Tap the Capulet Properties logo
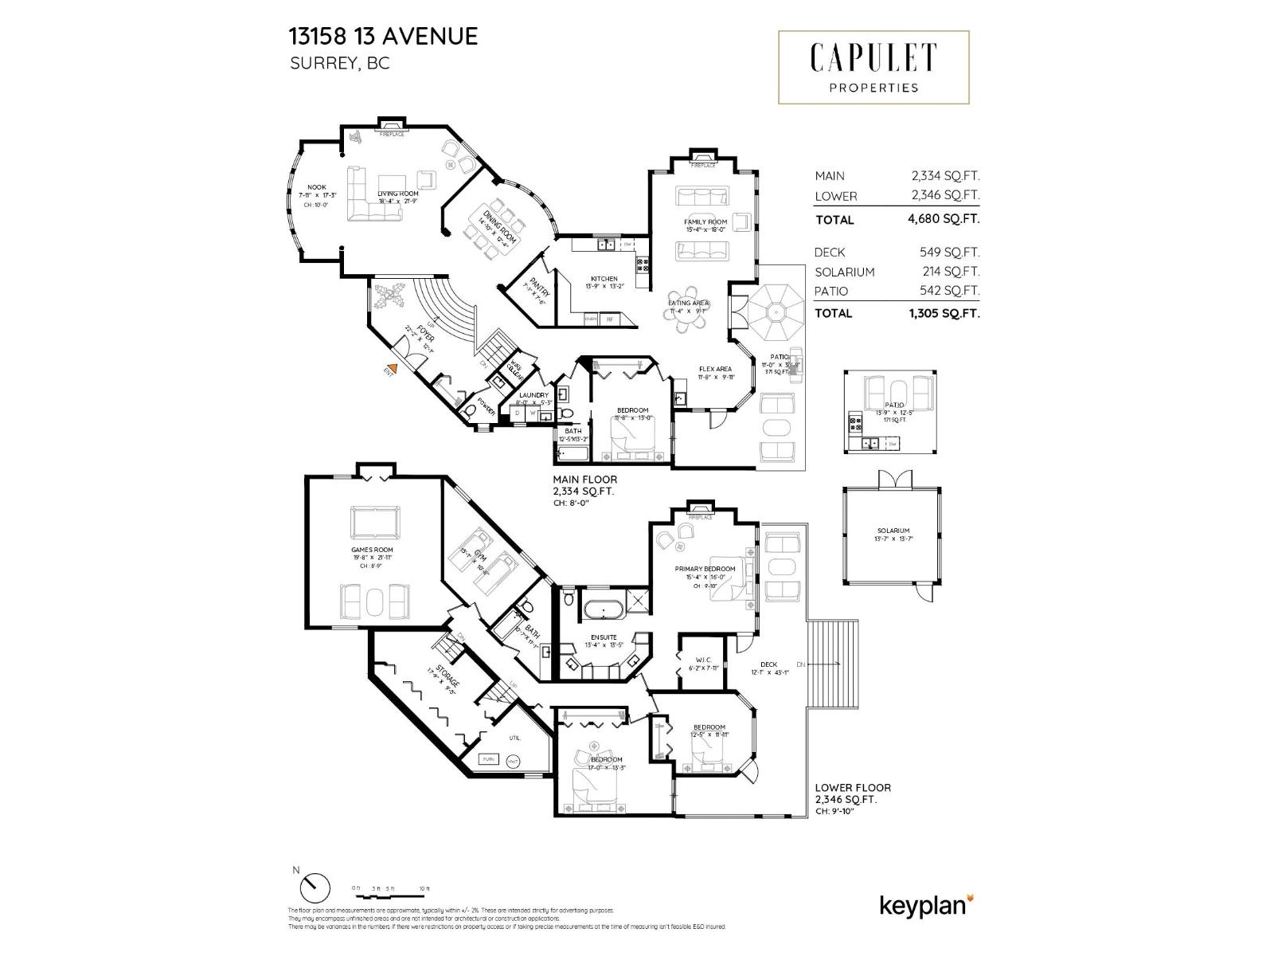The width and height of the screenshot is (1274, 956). pyautogui.click(x=873, y=67)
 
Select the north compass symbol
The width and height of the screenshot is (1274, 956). pyautogui.click(x=317, y=886)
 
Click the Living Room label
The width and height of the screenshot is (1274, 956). pyautogui.click(x=398, y=194)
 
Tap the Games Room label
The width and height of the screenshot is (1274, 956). pyautogui.click(x=372, y=550)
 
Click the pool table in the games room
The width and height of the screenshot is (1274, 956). pyautogui.click(x=375, y=523)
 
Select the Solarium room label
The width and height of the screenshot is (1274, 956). pyautogui.click(x=893, y=531)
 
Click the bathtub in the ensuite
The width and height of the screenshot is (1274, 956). pyautogui.click(x=603, y=612)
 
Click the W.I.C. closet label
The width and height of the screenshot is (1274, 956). pyautogui.click(x=702, y=659)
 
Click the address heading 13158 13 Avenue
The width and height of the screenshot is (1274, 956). pyautogui.click(x=383, y=36)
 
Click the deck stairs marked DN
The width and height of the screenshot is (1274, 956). pyautogui.click(x=833, y=664)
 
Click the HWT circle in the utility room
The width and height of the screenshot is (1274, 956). pyautogui.click(x=514, y=759)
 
